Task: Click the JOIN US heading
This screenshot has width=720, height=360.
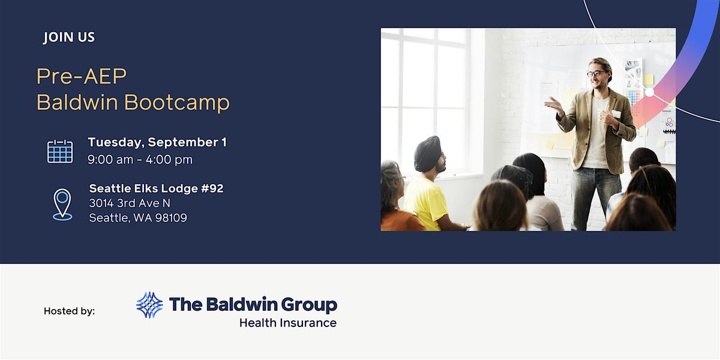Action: point(69,37)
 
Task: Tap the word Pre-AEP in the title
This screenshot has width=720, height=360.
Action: point(82,77)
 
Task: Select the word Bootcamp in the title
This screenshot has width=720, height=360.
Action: point(177,102)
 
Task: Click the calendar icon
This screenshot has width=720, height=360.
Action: point(60,151)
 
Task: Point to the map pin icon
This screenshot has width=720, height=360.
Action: point(62,205)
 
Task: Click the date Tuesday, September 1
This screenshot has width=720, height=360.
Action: point(157,142)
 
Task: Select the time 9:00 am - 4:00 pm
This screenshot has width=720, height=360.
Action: point(140,160)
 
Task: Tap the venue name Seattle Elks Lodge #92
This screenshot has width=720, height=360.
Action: point(156,188)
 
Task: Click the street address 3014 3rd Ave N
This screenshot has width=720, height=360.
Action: point(130,203)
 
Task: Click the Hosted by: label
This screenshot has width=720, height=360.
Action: point(70,311)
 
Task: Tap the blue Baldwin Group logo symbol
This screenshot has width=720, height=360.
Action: point(149,305)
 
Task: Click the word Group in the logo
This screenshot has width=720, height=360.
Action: point(309,305)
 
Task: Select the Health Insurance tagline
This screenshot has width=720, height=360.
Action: point(288,323)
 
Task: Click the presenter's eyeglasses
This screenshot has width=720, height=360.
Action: point(596,74)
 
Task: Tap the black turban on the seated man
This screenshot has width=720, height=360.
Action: point(427,154)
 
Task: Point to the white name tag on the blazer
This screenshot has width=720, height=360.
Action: point(616,114)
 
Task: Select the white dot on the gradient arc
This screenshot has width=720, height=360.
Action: point(649,92)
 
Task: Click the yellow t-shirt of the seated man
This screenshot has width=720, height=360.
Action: point(425,203)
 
